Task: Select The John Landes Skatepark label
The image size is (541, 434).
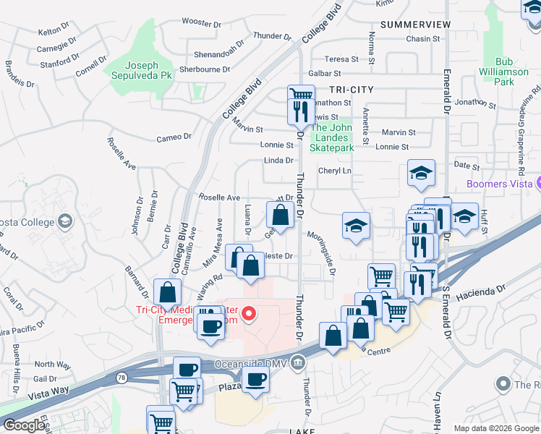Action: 332,138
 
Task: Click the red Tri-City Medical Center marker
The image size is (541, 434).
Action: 249,313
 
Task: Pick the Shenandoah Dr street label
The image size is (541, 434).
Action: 220,54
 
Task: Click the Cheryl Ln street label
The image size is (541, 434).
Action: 335,171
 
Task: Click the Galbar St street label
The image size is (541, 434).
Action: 324,73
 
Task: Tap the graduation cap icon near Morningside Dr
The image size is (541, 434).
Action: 356,225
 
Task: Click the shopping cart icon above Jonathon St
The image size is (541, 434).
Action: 301,95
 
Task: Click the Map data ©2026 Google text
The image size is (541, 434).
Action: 495,428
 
